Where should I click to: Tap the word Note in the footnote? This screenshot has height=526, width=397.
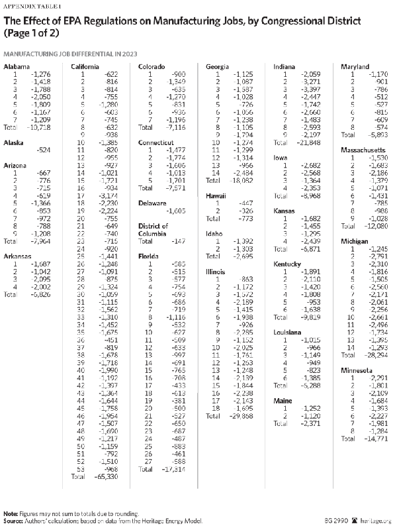10,513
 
